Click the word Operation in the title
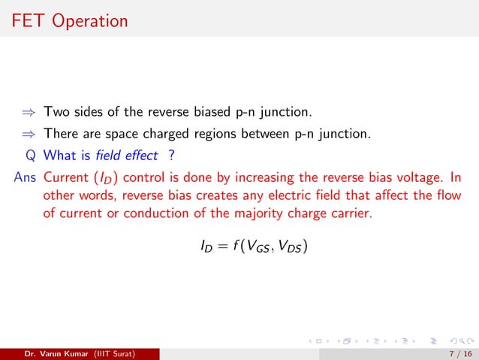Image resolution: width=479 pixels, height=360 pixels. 90,21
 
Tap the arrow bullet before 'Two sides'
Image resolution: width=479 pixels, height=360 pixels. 29,113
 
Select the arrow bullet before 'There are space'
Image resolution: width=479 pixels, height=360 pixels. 29,134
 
